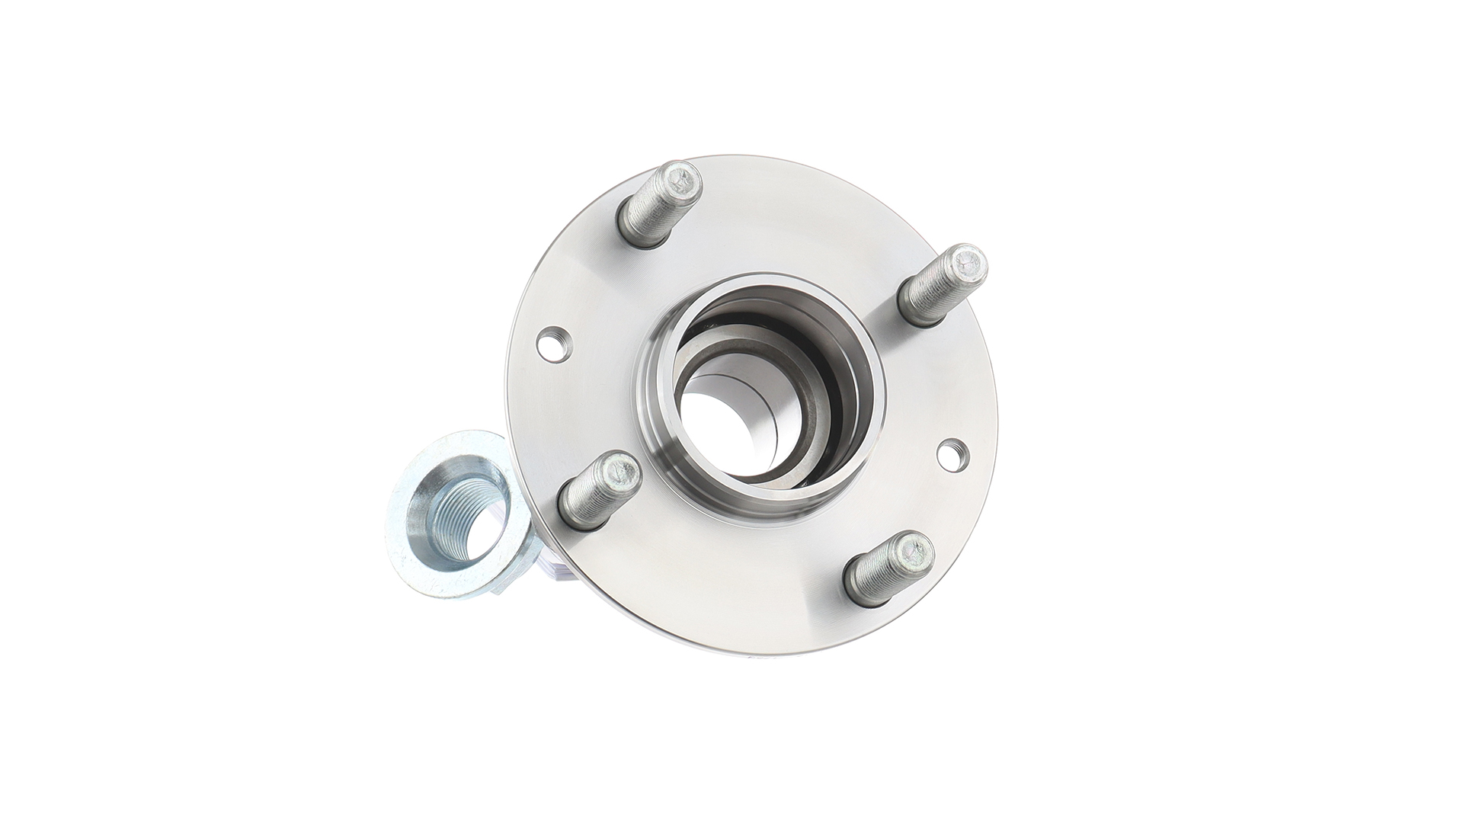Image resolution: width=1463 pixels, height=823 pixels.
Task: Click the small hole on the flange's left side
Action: click(554, 341)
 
